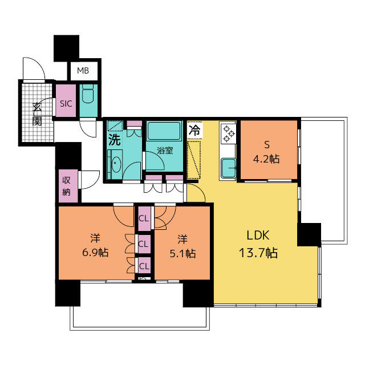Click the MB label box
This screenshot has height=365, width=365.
pyautogui.click(x=83, y=71)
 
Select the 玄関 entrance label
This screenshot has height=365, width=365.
pyautogui.click(x=37, y=112)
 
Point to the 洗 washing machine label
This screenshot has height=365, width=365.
pyautogui.click(x=115, y=139)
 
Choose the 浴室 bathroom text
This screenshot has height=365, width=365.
pyautogui.click(x=165, y=151)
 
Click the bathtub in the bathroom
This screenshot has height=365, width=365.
pyautogui.click(x=163, y=131)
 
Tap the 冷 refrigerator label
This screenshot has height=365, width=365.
pyautogui.click(x=194, y=129)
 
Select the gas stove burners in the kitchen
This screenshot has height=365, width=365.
pyautogui.click(x=229, y=133)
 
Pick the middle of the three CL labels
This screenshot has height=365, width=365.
pyautogui.click(x=143, y=244)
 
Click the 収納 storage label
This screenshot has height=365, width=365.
pyautogui.click(x=66, y=186)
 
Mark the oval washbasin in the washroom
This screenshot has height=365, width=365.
pyautogui.click(x=115, y=164)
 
